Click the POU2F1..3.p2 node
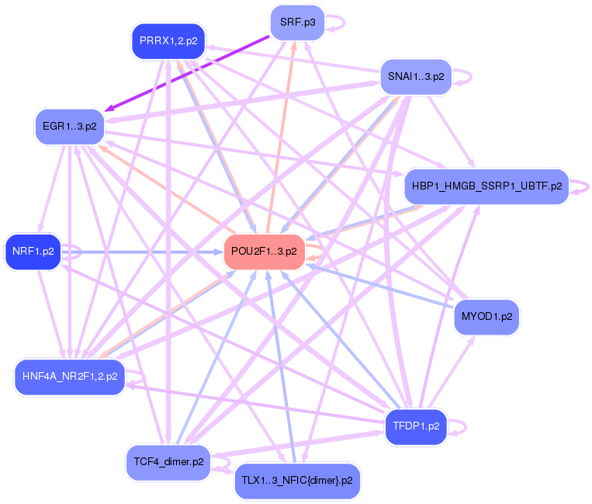264,252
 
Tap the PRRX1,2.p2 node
168,41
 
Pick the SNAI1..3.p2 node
416,77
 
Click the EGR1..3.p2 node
70,126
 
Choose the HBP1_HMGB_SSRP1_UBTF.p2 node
487,186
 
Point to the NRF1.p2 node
33,252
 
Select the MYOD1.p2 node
486,317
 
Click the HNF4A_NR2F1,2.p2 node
70,377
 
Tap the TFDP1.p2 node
416,426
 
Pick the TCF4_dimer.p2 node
168,462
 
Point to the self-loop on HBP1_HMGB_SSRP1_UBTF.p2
587,186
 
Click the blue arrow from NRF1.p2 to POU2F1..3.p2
140,252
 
